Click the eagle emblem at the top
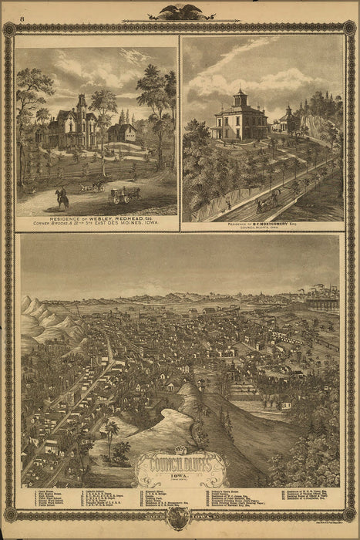point(180,12)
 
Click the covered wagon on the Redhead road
point(123,195)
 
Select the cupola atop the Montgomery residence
point(239,98)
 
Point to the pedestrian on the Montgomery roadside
point(227,205)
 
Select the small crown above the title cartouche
point(181,450)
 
